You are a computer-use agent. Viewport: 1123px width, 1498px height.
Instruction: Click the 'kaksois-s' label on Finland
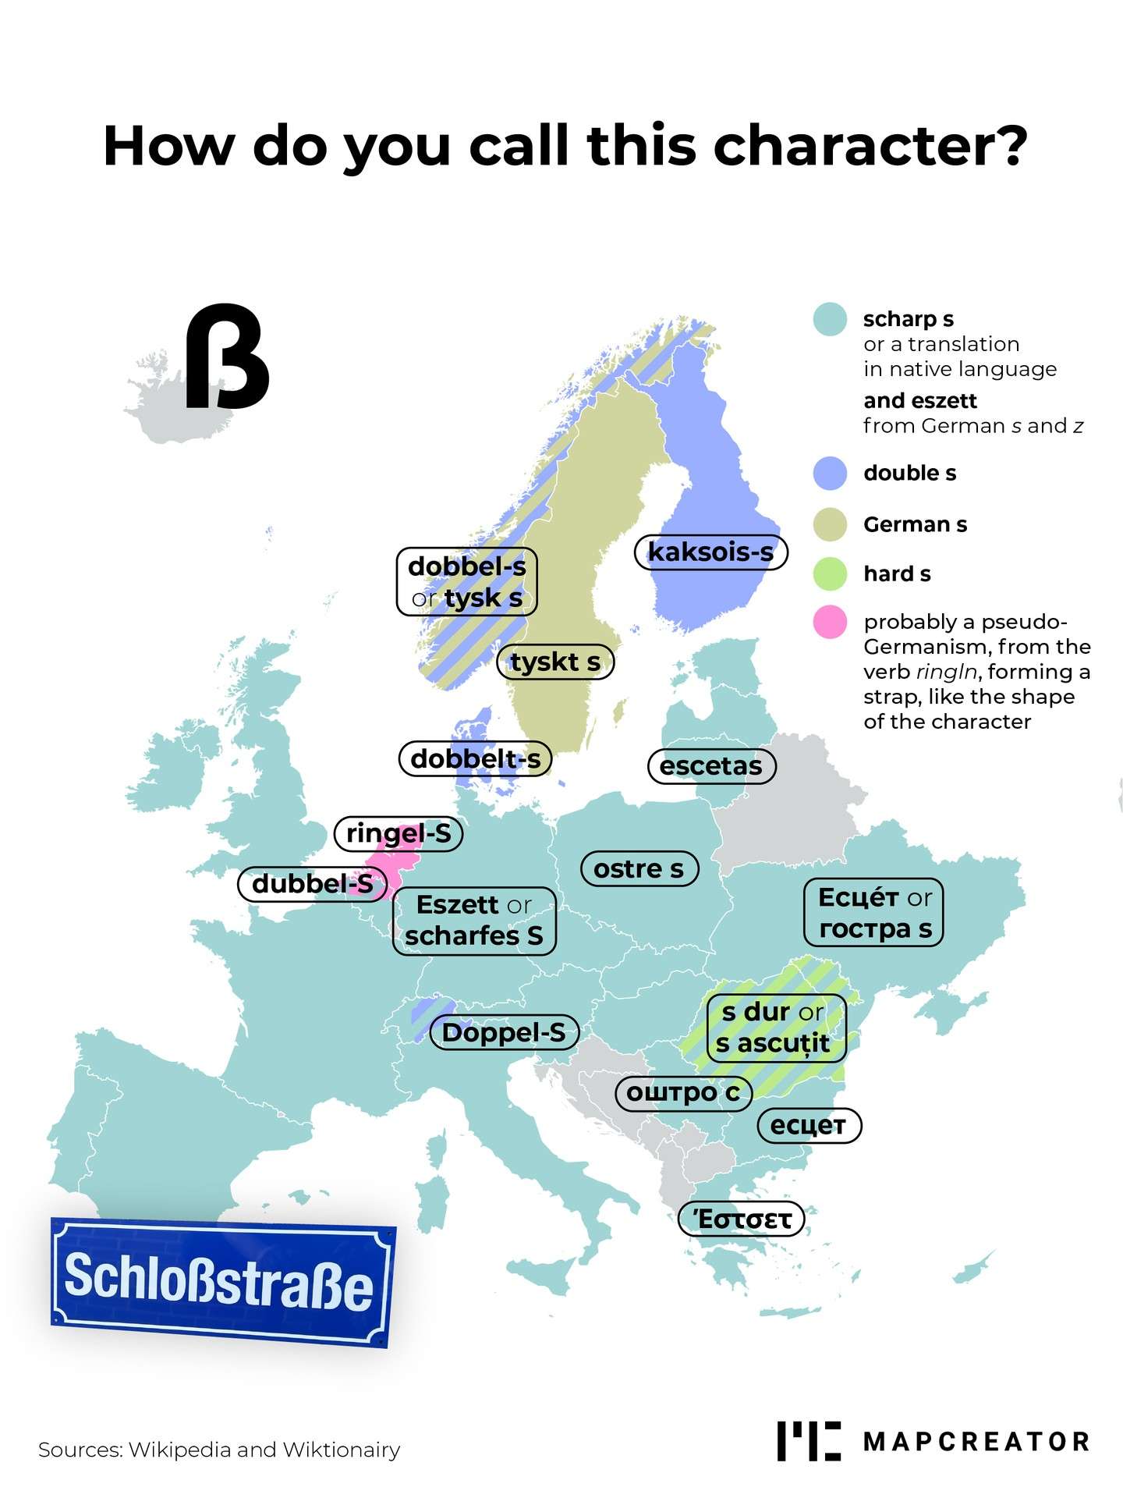click(710, 552)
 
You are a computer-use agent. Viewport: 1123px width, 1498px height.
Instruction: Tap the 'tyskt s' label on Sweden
click(555, 662)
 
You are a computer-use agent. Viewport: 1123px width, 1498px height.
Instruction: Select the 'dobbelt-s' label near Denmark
click(475, 759)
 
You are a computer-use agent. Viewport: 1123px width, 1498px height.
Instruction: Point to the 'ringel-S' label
click(399, 833)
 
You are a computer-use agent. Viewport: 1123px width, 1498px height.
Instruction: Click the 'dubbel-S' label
click(312, 884)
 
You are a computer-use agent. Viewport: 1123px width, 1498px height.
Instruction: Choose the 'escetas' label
click(711, 766)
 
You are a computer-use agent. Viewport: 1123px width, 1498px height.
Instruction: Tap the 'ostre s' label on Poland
click(639, 869)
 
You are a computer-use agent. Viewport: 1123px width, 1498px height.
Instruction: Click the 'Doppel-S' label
click(504, 1033)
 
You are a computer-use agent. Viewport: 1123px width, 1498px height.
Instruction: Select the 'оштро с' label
click(683, 1092)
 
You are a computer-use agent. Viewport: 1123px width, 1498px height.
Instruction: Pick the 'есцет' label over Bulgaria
click(809, 1126)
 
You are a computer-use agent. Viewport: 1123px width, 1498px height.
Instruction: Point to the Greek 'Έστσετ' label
click(741, 1219)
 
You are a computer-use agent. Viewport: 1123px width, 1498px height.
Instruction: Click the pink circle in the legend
click(830, 622)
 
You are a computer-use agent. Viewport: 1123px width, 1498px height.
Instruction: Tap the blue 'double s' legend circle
click(830, 474)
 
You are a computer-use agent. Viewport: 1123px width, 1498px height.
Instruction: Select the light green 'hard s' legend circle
click(830, 574)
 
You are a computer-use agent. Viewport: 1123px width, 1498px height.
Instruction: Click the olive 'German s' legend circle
click(830, 524)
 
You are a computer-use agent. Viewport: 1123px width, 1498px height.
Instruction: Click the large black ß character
click(226, 357)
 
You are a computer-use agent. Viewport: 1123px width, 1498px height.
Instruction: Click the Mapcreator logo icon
click(809, 1441)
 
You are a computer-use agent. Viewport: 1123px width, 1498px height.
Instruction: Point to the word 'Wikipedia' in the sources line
click(179, 1450)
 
